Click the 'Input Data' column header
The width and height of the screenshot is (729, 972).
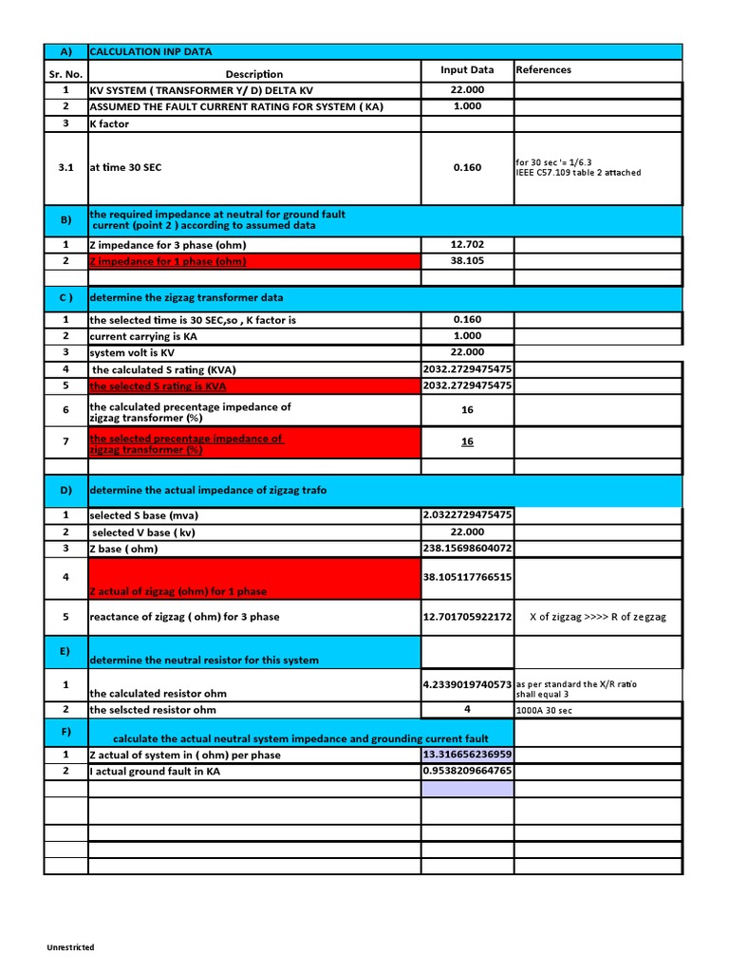pyautogui.click(x=467, y=70)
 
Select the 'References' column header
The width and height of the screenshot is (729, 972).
pyautogui.click(x=543, y=70)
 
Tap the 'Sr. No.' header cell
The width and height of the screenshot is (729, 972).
pyautogui.click(x=65, y=74)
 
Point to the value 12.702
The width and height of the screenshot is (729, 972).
pyautogui.click(x=467, y=244)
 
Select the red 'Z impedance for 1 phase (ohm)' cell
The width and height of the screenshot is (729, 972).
pyautogui.click(x=168, y=261)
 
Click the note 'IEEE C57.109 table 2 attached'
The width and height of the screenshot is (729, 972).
pyautogui.click(x=578, y=173)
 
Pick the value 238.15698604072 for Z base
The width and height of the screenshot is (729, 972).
pyautogui.click(x=467, y=549)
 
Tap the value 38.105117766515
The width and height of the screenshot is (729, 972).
pyautogui.click(x=467, y=576)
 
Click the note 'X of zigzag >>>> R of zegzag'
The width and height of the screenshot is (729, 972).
pyautogui.click(x=597, y=617)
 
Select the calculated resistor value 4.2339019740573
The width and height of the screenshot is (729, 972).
pyautogui.click(x=467, y=683)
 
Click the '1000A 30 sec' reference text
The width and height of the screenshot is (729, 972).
pyautogui.click(x=545, y=710)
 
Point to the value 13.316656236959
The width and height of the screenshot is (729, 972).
pyautogui.click(x=467, y=755)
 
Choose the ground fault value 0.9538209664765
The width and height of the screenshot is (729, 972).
pyautogui.click(x=467, y=771)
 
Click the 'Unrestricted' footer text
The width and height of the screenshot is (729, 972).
pyautogui.click(x=71, y=947)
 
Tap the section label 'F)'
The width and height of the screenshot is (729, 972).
pyautogui.click(x=65, y=733)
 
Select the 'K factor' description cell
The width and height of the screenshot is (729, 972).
pyautogui.click(x=109, y=123)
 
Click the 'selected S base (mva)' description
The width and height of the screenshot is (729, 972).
pyautogui.click(x=143, y=515)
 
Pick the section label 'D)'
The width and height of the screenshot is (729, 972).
pyautogui.click(x=65, y=490)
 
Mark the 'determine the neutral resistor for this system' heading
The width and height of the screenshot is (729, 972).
pyautogui.click(x=203, y=660)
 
